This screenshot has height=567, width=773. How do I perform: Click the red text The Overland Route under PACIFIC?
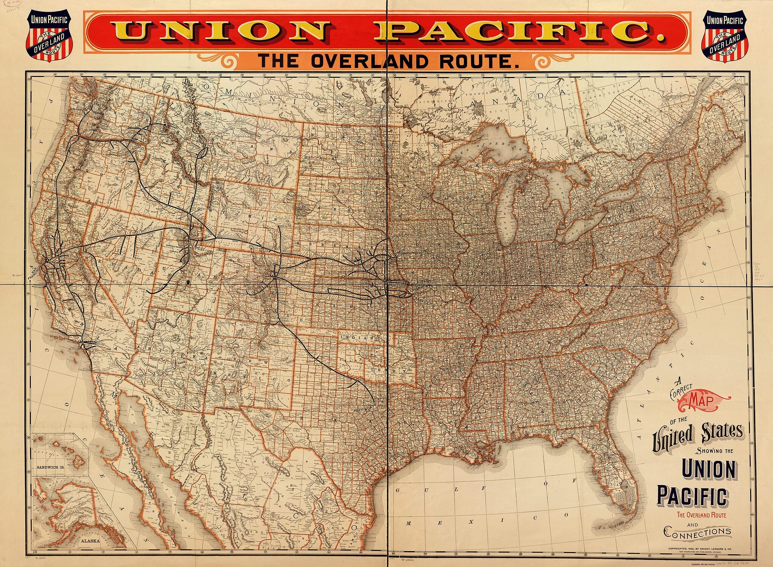[x=701, y=515]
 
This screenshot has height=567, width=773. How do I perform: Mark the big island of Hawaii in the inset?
[x=79, y=460]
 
